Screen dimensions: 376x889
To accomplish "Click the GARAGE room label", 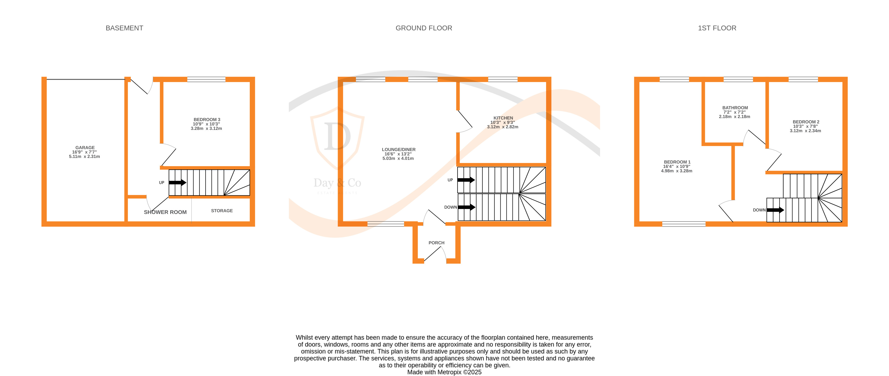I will (x=85, y=148).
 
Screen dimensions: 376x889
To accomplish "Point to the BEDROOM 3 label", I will (x=207, y=120).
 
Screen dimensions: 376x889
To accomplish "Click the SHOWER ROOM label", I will (x=165, y=212).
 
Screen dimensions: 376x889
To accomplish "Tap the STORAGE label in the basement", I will (x=222, y=211).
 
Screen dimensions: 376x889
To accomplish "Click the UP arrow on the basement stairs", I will (x=177, y=183).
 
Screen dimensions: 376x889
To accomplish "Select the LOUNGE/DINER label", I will (x=398, y=150).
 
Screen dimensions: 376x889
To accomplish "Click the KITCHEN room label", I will (x=503, y=118).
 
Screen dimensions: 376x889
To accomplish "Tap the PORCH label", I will (x=436, y=243).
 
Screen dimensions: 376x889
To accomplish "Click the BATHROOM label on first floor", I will (x=735, y=108).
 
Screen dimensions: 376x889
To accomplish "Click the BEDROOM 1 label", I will (x=677, y=162).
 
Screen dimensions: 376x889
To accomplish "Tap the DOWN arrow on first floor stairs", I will (x=775, y=210).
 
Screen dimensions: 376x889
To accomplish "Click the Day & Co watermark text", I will (x=337, y=183).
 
